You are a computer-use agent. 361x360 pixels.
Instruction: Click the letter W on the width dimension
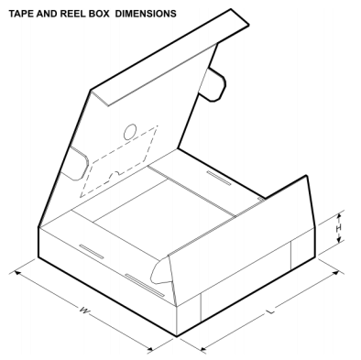(x=83, y=312)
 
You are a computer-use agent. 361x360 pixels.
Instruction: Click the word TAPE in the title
(x=20, y=14)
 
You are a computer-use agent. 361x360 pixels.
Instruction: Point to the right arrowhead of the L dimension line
(x=336, y=264)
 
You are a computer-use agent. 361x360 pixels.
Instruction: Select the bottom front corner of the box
(x=176, y=336)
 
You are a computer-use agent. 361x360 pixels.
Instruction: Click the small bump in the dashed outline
(x=116, y=173)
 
